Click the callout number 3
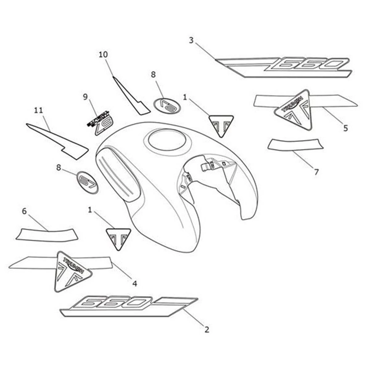[191, 40]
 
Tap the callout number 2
[207, 330]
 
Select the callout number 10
[103, 55]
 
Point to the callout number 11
[39, 110]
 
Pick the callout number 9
[85, 97]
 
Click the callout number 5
[345, 127]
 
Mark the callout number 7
[316, 172]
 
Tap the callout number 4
[135, 283]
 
